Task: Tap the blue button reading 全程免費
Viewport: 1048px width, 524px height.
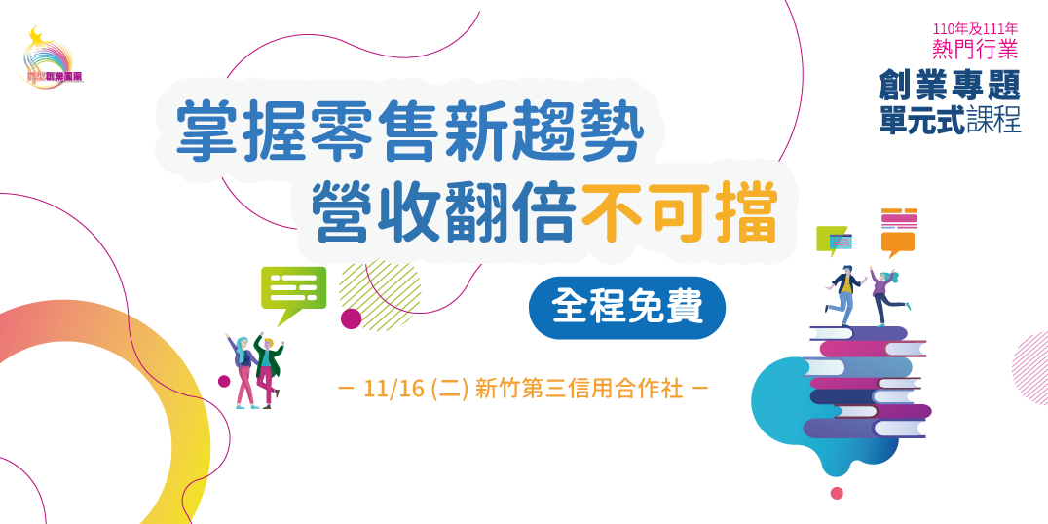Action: pos(627,308)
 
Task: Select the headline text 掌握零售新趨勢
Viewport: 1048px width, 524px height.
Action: pos(410,132)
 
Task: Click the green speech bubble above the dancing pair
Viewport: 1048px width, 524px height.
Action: pos(293,290)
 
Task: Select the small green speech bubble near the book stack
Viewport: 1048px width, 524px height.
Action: pos(833,239)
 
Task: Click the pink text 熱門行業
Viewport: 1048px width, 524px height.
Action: pos(974,49)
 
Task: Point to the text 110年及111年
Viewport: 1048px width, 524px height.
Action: pos(973,29)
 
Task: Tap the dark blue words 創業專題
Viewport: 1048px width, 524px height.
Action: pos(949,86)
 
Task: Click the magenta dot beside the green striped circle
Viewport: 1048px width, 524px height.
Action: pos(351,318)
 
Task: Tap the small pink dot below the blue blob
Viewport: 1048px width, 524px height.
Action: pos(836,493)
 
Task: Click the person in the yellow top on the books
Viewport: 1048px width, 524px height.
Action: pos(845,291)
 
